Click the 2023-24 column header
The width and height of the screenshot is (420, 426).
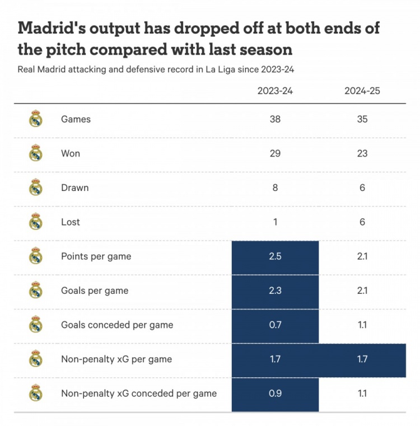tap(275, 91)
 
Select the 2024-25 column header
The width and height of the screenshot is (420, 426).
tap(362, 91)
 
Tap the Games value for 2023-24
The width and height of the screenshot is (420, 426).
tap(275, 119)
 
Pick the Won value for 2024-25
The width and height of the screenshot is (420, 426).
tap(362, 153)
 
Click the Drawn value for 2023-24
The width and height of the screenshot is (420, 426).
tap(275, 188)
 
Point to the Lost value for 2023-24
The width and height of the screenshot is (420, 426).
tap(275, 222)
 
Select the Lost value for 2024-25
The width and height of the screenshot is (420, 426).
tap(362, 222)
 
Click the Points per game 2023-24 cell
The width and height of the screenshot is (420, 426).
tap(275, 256)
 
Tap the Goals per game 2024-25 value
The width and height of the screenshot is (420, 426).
tap(362, 291)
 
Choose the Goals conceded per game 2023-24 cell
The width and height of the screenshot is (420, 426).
tap(275, 325)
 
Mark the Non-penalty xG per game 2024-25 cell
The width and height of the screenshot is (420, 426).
tap(362, 359)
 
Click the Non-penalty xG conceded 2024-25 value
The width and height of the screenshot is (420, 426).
tap(362, 394)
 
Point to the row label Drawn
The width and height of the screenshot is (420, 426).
tap(74, 188)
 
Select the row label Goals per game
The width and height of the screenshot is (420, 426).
tap(95, 291)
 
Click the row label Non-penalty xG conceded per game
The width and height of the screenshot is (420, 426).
tap(138, 394)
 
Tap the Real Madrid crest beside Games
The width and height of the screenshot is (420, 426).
tap(36, 119)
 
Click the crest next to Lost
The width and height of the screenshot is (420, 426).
tap(36, 222)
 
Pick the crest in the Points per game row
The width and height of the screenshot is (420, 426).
tap(36, 256)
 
